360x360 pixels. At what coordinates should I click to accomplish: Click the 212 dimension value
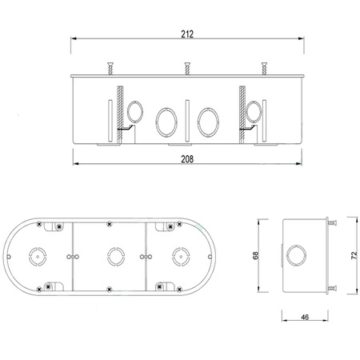tap(187, 34)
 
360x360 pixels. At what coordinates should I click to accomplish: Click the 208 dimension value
tap(187, 159)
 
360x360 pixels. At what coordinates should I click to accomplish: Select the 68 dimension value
tap(255, 255)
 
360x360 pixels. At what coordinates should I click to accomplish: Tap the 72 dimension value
tap(354, 255)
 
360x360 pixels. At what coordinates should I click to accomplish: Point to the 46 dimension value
tap(305, 317)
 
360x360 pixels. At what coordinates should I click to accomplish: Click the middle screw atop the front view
tap(187, 69)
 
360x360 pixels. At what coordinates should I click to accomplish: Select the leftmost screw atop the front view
tap(110, 69)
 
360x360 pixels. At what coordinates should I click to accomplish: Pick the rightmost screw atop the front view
tap(264, 69)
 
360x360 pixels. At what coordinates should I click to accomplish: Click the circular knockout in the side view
tap(296, 246)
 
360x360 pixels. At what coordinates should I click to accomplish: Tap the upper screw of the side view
tap(332, 222)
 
